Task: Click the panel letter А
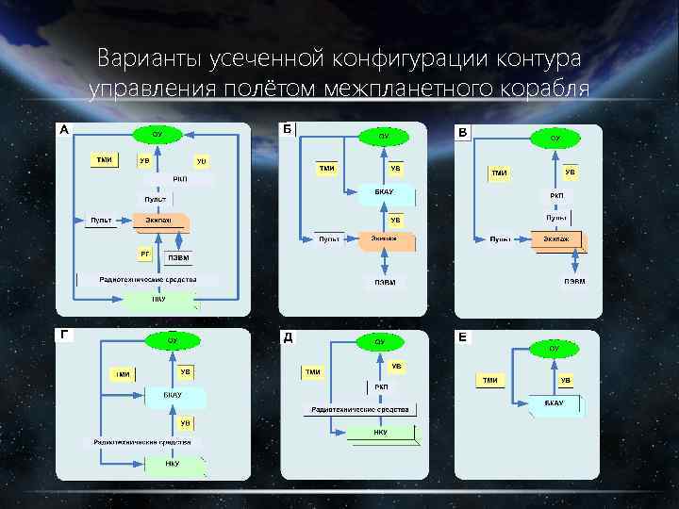coord(63,129)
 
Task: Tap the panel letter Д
coord(287,336)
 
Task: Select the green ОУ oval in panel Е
coord(555,349)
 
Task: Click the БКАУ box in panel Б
coord(384,192)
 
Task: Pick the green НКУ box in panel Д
coord(381,433)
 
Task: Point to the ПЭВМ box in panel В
coord(575,281)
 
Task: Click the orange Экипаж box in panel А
coord(159,221)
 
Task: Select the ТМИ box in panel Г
coord(123,374)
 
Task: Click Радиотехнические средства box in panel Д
coord(359,409)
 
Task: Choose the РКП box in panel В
coord(557,195)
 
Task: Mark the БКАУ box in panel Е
coord(554,402)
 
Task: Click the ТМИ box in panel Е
coord(490,380)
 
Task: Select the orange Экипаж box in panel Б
coord(384,239)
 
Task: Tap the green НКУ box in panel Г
coord(173,464)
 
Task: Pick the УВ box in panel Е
coord(566,380)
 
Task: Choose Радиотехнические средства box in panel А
coord(147,280)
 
